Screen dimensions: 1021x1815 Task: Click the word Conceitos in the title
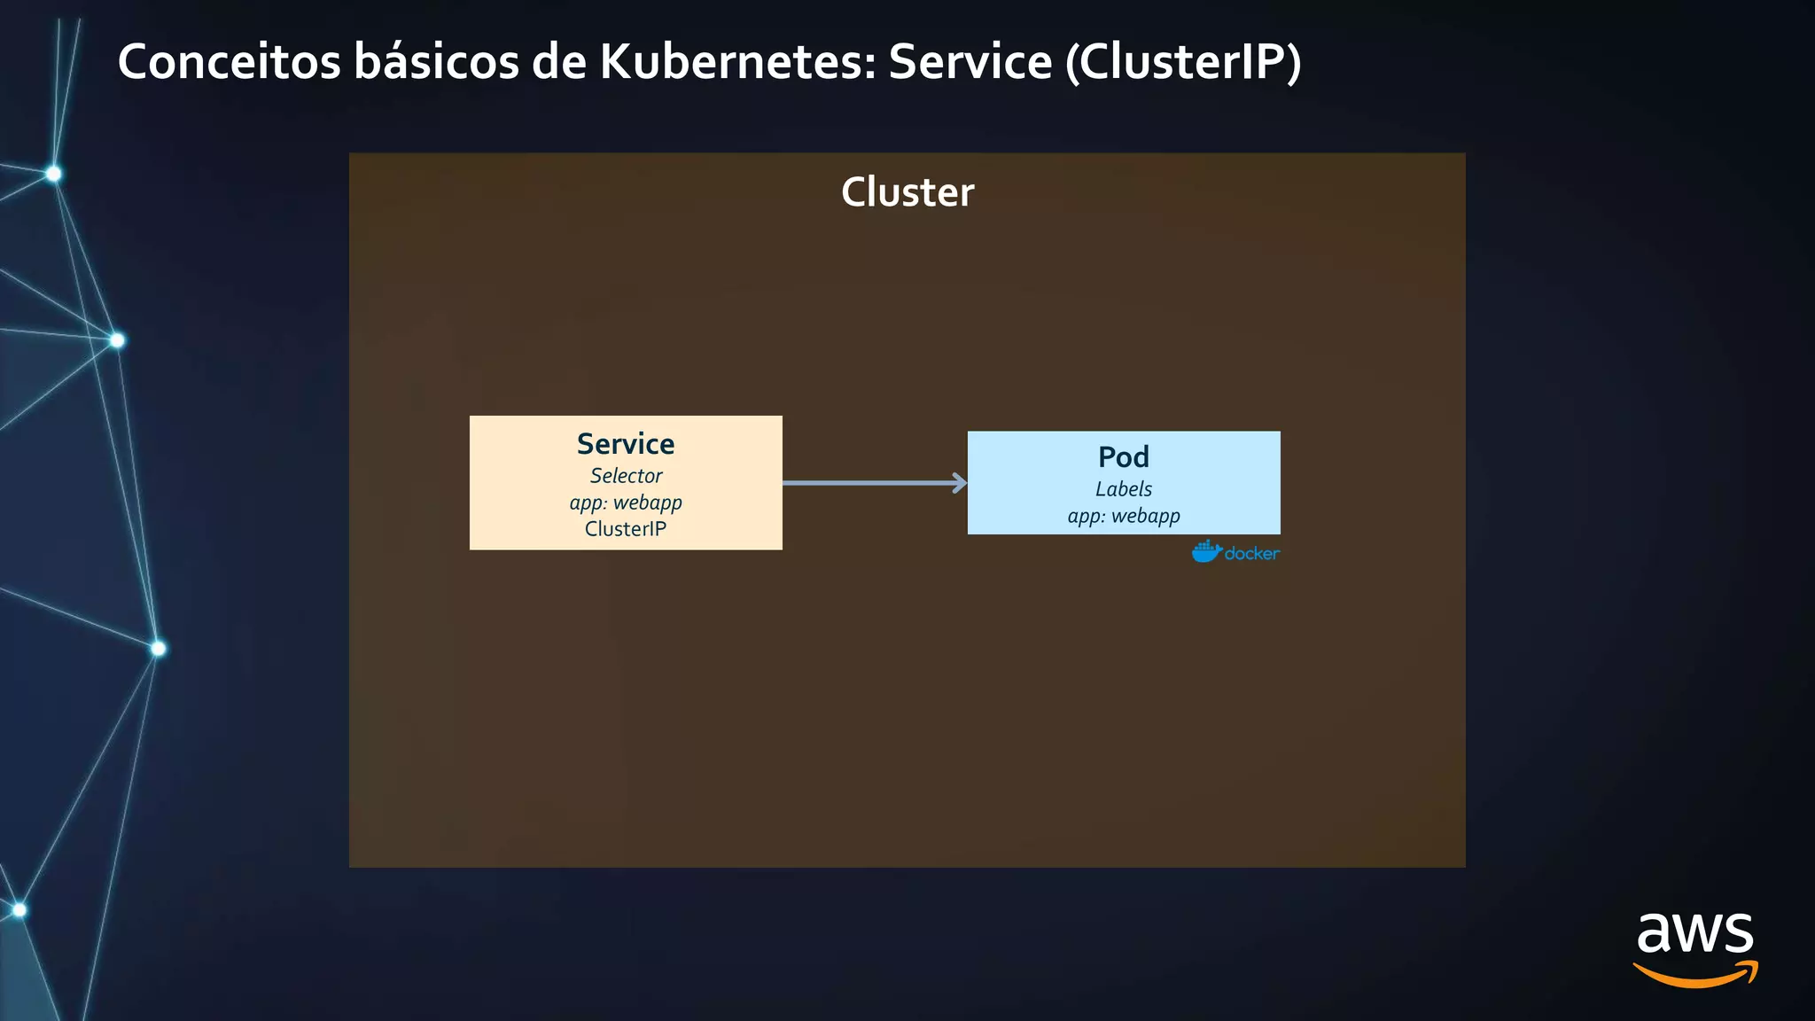point(229,62)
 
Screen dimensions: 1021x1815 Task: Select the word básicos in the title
point(436,62)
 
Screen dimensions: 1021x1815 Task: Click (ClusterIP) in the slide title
point(1183,62)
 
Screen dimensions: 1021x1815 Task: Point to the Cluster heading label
point(907,192)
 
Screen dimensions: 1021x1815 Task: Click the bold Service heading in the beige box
point(626,444)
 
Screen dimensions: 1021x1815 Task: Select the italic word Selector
point(626,476)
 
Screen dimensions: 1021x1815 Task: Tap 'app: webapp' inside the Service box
point(626,503)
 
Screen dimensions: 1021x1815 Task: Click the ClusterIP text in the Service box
point(626,529)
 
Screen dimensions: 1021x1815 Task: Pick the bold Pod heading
point(1124,457)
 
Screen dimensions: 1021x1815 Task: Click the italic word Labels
point(1124,489)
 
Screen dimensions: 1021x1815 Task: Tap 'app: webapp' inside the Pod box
point(1124,516)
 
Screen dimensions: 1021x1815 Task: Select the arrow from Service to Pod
point(869,483)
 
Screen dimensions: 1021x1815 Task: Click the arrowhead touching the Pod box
point(961,483)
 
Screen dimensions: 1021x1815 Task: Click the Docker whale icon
point(1206,552)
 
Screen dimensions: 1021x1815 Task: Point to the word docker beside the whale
point(1252,554)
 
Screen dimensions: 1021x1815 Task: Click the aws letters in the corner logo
point(1694,933)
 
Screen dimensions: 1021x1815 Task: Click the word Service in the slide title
point(970,62)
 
